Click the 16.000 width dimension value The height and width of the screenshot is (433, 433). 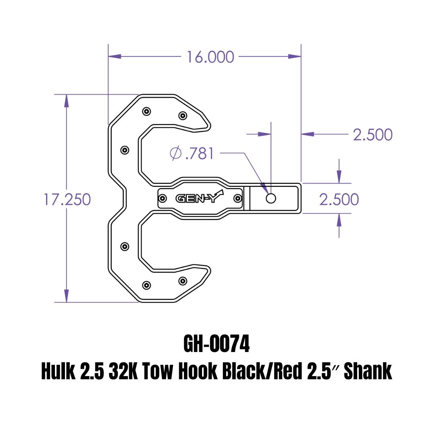click(210, 57)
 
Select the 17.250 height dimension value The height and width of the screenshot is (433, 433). click(67, 199)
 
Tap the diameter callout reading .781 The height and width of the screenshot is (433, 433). click(192, 153)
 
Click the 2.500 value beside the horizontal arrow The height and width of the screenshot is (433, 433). click(372, 135)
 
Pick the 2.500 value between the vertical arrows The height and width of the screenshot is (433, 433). click(339, 199)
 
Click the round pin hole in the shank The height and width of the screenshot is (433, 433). click(271, 198)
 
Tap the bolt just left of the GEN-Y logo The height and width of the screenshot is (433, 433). click(163, 198)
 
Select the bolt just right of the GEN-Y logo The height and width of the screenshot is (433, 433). click(237, 198)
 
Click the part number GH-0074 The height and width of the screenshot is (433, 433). click(216, 344)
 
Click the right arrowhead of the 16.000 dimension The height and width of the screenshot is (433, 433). click(295, 57)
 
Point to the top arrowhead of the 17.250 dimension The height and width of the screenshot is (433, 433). click(67, 101)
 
